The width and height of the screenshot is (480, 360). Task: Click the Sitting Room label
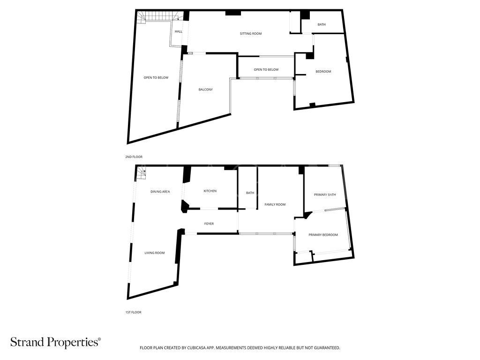(250, 34)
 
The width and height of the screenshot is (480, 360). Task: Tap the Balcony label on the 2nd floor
(205, 90)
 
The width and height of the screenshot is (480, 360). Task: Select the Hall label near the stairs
(178, 31)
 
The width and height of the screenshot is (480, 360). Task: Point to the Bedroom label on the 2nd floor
(323, 72)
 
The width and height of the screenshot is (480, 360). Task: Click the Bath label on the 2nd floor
(321, 24)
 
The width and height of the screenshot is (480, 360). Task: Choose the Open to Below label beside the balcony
(156, 78)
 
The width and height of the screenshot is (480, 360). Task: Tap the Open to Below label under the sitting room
(266, 70)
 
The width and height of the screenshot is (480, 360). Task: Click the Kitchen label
(210, 191)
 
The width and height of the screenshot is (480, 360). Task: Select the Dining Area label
(160, 192)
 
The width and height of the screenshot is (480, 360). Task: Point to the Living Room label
(154, 253)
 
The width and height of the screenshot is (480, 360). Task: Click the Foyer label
(209, 224)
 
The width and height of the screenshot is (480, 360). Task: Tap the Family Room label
(275, 205)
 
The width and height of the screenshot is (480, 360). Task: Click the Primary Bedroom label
(322, 235)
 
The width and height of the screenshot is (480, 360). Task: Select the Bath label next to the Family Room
(250, 193)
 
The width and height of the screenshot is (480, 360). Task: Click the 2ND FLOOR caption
(134, 157)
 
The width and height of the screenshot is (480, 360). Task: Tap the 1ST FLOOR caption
(134, 312)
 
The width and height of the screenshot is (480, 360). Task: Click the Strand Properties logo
(55, 342)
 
